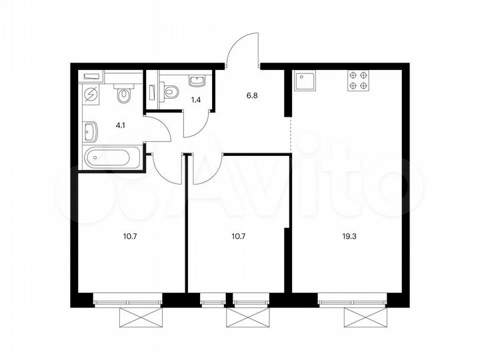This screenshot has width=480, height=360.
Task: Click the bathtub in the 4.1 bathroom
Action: (x=113, y=159)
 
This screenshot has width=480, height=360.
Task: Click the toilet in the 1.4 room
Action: (x=169, y=90)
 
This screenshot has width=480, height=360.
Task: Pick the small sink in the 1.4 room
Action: (x=196, y=81)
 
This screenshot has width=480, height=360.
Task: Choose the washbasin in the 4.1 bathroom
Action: (x=91, y=132)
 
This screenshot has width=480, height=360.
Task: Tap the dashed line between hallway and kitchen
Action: (x=291, y=133)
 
